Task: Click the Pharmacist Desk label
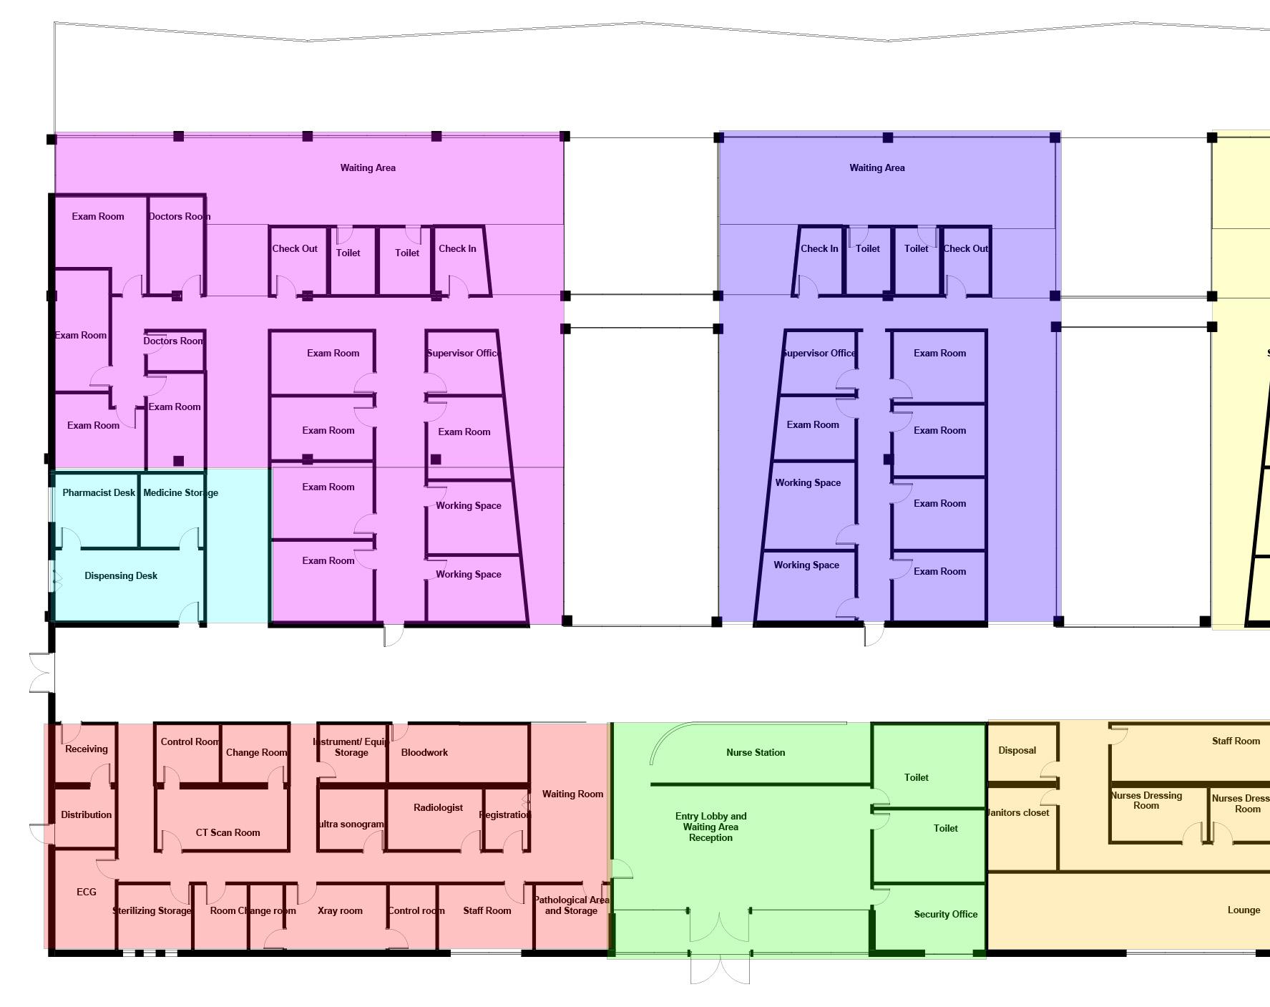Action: coord(99,492)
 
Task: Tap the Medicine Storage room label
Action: coord(180,492)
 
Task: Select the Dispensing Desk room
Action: coord(121,575)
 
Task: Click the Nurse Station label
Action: coord(756,752)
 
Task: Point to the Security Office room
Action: coord(945,914)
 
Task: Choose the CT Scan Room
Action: coord(228,832)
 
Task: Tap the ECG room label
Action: coord(86,892)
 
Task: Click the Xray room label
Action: coord(340,910)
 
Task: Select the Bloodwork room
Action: coord(424,752)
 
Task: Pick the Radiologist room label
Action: coord(438,807)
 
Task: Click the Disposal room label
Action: coord(1017,750)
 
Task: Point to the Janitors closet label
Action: coord(1017,812)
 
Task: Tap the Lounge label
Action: coord(1244,910)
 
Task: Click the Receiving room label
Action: coord(86,749)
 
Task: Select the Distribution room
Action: coord(86,814)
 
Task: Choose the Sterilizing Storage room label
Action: coord(152,910)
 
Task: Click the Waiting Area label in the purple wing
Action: coord(368,167)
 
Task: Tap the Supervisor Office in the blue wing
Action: coord(819,353)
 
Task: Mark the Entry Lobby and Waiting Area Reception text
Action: coord(710,827)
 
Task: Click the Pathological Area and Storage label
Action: coord(571,905)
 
